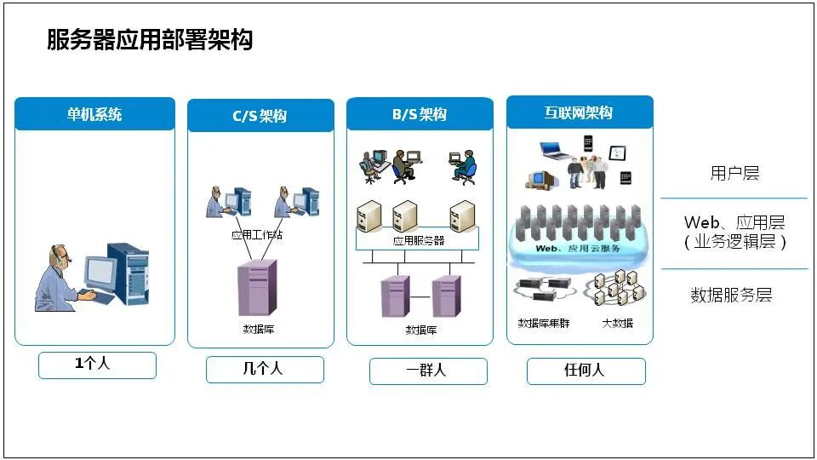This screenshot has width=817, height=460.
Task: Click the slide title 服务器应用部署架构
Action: (x=150, y=40)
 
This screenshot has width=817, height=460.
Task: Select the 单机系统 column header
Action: (x=94, y=114)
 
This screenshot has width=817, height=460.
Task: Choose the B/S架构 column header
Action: (x=420, y=114)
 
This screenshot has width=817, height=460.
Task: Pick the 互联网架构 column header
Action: (x=579, y=112)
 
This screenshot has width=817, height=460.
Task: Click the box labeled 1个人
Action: (x=97, y=365)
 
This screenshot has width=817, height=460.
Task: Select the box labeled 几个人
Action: (x=264, y=369)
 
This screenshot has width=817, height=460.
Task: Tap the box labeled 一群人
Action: (x=427, y=371)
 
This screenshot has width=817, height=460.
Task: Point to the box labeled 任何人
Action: (x=586, y=371)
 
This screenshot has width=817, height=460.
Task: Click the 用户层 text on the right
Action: (x=734, y=174)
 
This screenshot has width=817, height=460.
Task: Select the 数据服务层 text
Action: (x=731, y=296)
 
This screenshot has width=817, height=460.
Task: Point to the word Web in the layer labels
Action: (x=700, y=223)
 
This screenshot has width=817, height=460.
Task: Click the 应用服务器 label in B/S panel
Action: (x=419, y=240)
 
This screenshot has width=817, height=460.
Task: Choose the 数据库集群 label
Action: (x=544, y=324)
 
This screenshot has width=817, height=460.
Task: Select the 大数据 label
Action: (x=617, y=324)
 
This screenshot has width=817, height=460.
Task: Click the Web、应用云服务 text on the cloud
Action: (x=578, y=249)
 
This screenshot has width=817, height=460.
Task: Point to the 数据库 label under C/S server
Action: (x=258, y=328)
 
